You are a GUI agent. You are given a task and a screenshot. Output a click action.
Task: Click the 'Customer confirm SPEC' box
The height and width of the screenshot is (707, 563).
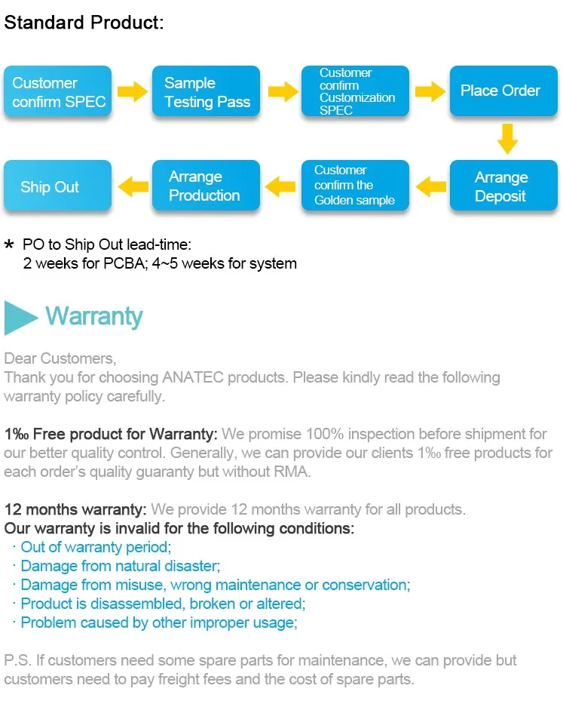pyautogui.click(x=58, y=92)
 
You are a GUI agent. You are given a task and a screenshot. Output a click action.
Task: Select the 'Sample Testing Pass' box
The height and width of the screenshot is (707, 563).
pyautogui.click(x=207, y=92)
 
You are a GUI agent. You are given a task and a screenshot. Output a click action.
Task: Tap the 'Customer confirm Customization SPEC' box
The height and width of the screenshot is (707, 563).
pyautogui.click(x=355, y=91)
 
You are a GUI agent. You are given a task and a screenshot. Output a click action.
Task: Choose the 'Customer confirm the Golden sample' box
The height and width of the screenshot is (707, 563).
pyautogui.click(x=355, y=186)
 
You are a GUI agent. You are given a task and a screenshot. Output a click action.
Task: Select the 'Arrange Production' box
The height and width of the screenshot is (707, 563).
pyautogui.click(x=207, y=186)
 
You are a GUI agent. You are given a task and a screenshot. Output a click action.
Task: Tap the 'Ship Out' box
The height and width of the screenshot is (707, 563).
pyautogui.click(x=58, y=186)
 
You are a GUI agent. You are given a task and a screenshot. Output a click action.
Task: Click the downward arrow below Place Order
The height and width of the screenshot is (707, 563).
pyautogui.click(x=507, y=138)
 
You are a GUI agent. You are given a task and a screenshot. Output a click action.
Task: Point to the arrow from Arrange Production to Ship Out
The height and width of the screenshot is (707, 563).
pyautogui.click(x=133, y=184)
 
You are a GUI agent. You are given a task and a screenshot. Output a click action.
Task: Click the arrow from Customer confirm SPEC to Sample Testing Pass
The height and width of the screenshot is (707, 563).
pyautogui.click(x=133, y=92)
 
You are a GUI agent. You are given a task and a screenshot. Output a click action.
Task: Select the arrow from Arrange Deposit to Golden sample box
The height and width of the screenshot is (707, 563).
pyautogui.click(x=430, y=184)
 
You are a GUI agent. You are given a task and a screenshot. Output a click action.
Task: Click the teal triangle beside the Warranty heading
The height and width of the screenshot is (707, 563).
pyautogui.click(x=20, y=317)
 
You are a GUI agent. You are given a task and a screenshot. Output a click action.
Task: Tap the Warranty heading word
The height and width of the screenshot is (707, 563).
pyautogui.click(x=93, y=316)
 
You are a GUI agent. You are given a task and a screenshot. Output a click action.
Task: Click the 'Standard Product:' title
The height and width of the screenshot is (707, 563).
pyautogui.click(x=84, y=23)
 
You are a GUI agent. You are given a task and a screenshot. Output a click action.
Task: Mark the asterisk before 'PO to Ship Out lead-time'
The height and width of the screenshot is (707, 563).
pyautogui.click(x=10, y=245)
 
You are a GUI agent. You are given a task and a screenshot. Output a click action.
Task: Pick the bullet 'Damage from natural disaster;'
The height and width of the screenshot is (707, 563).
pyautogui.click(x=121, y=566)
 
